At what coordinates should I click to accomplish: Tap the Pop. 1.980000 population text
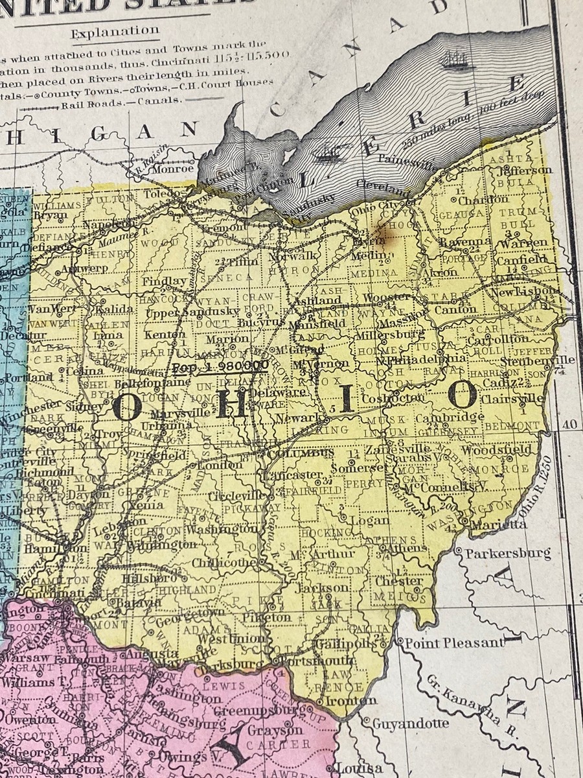221,366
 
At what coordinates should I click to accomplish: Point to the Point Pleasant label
454,642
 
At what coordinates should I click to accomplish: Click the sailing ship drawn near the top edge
455,62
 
